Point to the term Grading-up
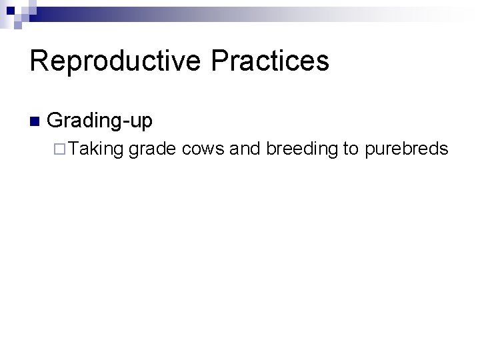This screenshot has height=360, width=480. click(x=101, y=121)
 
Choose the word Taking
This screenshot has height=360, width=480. click(x=95, y=149)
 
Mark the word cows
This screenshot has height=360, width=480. click(x=203, y=149)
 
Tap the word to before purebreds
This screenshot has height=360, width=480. click(x=351, y=149)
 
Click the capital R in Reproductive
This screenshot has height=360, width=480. click(x=39, y=61)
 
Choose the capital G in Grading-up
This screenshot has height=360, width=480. click(x=56, y=121)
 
